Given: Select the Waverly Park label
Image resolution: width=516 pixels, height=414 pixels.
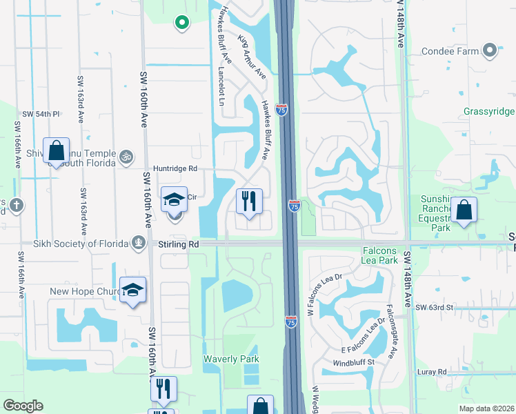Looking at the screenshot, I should click(231, 359).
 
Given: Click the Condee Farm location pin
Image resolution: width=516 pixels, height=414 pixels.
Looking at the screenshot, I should click(490, 50).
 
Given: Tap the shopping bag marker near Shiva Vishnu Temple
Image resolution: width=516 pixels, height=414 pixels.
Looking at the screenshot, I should click(56, 150).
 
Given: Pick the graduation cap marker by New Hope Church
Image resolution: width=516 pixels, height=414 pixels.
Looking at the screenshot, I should click(132, 290).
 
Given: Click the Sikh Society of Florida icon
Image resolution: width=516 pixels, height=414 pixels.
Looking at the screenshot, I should click(139, 243).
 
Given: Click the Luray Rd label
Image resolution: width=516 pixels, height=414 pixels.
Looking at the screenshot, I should click(433, 372).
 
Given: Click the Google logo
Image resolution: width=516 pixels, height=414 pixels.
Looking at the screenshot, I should click(23, 406).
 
